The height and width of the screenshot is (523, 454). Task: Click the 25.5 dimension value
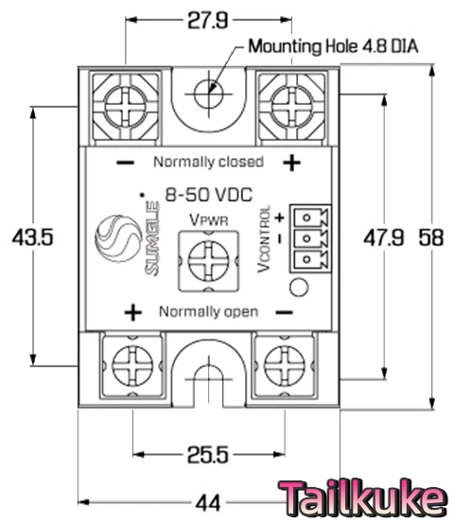click(x=206, y=455)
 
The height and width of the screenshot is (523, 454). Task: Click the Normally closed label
click(x=208, y=161)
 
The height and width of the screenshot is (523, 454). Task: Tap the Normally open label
click(x=208, y=311)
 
